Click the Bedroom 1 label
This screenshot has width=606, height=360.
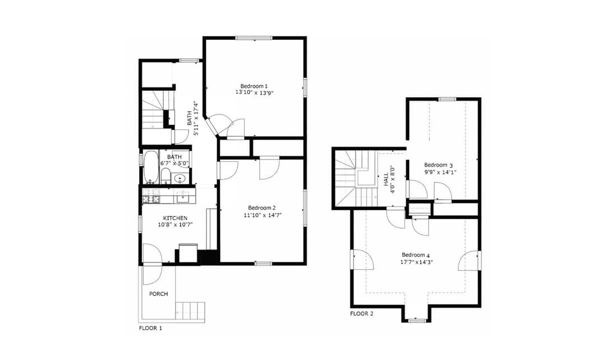254,86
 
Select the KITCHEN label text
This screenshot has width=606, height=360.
175,218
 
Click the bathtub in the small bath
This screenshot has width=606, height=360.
150,167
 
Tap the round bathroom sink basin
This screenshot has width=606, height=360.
181,179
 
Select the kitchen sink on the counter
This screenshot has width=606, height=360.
182,196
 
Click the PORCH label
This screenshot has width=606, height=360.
158,294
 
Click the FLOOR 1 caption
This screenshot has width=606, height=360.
150,328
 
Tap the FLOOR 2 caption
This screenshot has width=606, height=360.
361,313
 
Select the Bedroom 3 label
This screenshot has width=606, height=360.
438,165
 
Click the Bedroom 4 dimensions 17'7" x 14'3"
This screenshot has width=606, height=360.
416,262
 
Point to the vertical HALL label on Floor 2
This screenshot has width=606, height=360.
389,179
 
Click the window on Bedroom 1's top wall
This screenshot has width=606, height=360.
254,38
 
